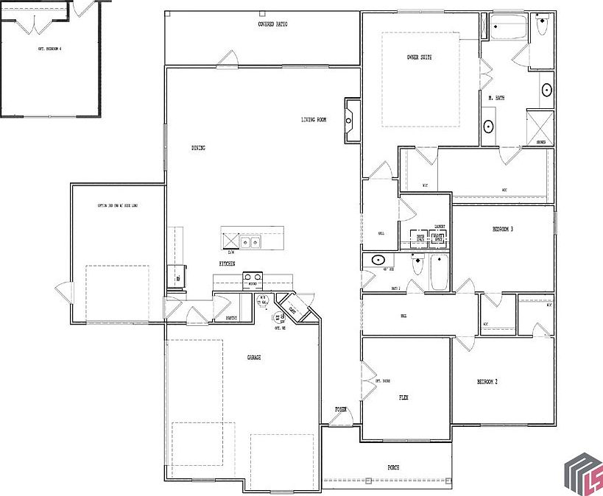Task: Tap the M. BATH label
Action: click(496, 98)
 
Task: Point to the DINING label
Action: click(198, 148)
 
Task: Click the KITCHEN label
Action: click(226, 263)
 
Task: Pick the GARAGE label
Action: click(253, 358)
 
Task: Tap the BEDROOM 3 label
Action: click(502, 230)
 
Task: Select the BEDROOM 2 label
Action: click(487, 382)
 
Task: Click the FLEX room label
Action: click(403, 397)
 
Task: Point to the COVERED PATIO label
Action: click(272, 24)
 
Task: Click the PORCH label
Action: click(393, 467)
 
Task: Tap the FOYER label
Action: click(341, 409)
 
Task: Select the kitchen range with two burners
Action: click(252, 278)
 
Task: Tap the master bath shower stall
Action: click(540, 126)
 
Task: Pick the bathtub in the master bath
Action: click(510, 26)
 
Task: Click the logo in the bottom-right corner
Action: click(582, 471)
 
